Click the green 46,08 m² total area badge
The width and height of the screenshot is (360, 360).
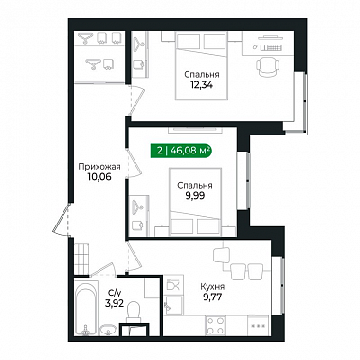coord(181,151)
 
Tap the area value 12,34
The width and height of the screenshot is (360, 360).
coord(202,84)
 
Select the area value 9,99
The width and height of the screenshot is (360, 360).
coord(195,196)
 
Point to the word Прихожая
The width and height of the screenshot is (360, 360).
coord(99,167)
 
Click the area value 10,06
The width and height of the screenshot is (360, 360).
coord(99,177)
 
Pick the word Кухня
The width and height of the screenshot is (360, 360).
coord(212,287)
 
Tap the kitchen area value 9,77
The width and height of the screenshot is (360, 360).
coord(212,297)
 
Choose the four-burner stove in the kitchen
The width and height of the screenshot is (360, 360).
coord(216,325)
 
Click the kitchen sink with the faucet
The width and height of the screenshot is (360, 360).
coord(173,305)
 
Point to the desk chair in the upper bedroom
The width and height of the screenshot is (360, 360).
coord(267,66)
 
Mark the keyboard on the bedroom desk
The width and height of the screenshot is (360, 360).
coord(271,47)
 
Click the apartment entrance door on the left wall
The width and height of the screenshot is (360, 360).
coord(62,219)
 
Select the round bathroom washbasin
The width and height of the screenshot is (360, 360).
coord(109,331)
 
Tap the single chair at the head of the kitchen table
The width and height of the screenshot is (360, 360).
coord(222,254)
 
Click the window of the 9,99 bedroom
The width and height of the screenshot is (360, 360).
coord(243,180)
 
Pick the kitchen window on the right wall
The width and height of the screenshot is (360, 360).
coord(279,285)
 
